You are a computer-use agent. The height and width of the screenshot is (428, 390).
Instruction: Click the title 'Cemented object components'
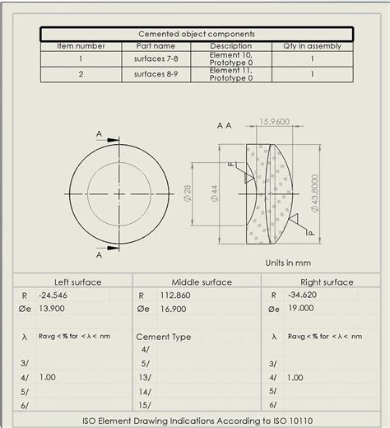[x=196, y=34]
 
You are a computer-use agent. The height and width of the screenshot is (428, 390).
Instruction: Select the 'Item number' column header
[x=81, y=46]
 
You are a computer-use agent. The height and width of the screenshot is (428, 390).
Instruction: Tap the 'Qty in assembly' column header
[x=311, y=46]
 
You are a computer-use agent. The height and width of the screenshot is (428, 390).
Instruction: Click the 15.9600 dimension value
[x=274, y=122]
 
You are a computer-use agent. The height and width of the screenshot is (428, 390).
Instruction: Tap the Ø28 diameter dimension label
[x=187, y=193]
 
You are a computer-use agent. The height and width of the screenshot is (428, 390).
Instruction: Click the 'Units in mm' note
[x=288, y=263]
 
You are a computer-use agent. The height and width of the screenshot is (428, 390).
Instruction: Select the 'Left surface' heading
[x=78, y=281]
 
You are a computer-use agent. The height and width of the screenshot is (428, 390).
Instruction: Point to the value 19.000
[x=300, y=308]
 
